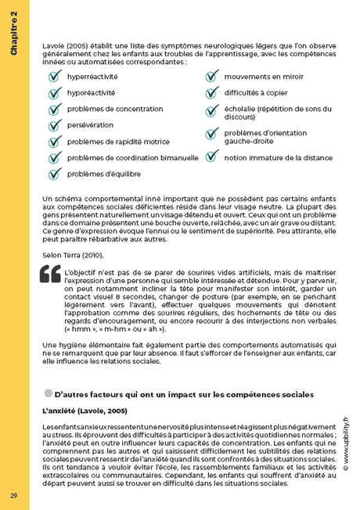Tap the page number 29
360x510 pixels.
pyautogui.click(x=13, y=496)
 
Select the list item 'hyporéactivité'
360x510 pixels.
pyautogui.click(x=91, y=92)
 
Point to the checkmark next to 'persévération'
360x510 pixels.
pyautogui.click(x=54, y=125)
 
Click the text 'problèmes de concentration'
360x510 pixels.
pyautogui.click(x=115, y=109)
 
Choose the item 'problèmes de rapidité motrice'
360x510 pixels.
pyautogui.click(x=118, y=142)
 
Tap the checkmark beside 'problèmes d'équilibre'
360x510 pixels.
pyautogui.click(x=54, y=174)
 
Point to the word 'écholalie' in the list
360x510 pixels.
pyautogui.click(x=239, y=109)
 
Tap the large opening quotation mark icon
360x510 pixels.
pyautogui.click(x=50, y=275)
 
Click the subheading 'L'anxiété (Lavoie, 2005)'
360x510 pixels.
pyautogui.click(x=85, y=410)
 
